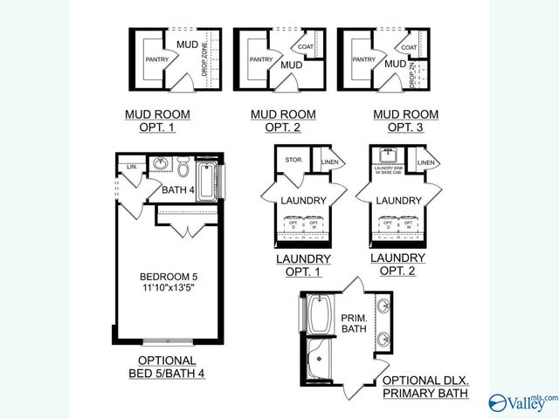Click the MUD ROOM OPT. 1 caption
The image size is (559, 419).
click(x=157, y=120)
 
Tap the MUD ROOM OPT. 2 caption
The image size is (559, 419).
click(x=283, y=120)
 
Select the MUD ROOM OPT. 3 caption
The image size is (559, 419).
click(x=405, y=120)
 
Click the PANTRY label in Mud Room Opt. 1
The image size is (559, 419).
click(x=157, y=59)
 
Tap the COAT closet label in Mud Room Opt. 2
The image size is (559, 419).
click(x=306, y=47)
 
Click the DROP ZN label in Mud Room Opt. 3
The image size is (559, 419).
click(x=413, y=73)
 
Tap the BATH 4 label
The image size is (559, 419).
click(x=179, y=189)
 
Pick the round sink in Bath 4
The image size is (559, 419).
click(x=161, y=164)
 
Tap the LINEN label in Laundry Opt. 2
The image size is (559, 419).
click(x=426, y=162)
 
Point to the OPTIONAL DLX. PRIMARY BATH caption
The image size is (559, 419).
click(x=425, y=388)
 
